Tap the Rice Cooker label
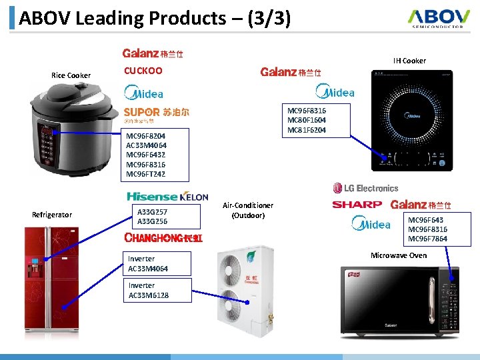point(71,75)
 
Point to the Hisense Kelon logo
point(164,197)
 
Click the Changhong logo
point(163,238)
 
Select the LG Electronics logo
point(365,189)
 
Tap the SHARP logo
point(357,205)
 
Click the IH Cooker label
point(409,61)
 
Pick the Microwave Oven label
point(399,255)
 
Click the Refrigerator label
point(52,215)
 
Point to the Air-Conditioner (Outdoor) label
point(248,210)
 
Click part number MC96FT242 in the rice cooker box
point(146,175)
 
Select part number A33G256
point(152,221)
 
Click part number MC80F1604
point(306,120)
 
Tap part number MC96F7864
point(427,239)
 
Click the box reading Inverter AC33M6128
point(150,290)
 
